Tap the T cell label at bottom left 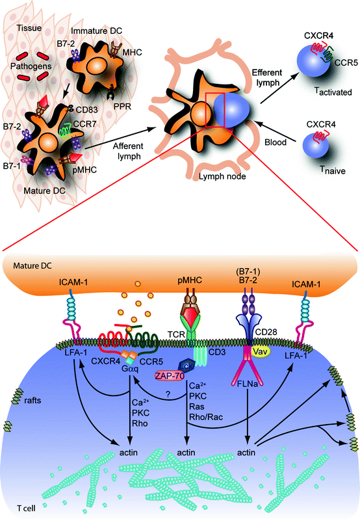pos(22,505)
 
